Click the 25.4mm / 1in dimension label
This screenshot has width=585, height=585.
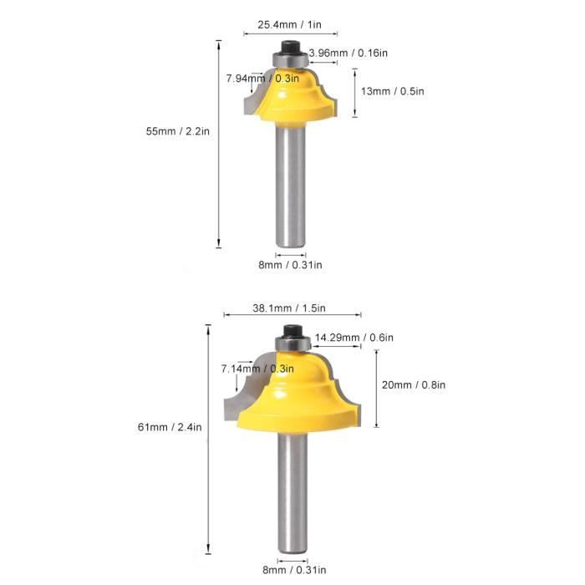(x=289, y=24)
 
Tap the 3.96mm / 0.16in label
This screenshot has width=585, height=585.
(x=348, y=53)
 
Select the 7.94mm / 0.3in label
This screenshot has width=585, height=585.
(x=262, y=79)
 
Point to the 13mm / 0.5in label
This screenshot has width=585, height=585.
(x=393, y=91)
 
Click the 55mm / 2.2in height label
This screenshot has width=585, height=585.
(x=177, y=131)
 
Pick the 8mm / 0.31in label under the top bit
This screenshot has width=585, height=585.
(x=290, y=265)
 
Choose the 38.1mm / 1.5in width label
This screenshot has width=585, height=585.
(x=289, y=308)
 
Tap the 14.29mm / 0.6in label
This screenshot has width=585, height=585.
(x=354, y=338)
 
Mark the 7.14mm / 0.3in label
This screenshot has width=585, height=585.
(x=257, y=369)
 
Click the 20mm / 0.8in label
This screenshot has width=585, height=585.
(x=414, y=384)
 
